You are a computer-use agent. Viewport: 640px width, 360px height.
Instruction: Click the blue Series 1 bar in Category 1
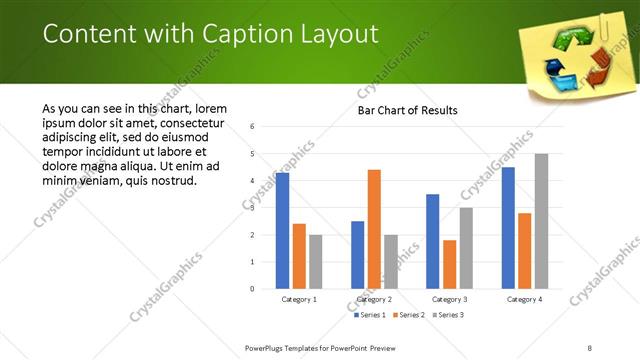pos(282,231)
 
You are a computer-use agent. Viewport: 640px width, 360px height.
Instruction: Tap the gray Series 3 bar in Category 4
pos(541,221)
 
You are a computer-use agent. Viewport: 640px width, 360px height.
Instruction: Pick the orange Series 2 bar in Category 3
pos(449,264)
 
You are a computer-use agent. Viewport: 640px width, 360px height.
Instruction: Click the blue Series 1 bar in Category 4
pos(508,228)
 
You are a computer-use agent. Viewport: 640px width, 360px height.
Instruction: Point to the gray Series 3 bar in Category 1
pos(316,262)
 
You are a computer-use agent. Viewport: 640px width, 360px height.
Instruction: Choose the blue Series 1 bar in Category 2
pos(358,255)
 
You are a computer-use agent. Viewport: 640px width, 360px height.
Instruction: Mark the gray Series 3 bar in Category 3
pos(466,248)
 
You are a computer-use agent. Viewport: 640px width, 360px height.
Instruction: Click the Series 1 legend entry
pos(369,315)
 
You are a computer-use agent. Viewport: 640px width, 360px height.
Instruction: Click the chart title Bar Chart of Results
pos(407,110)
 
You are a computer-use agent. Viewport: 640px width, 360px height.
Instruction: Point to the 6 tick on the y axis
pos(253,127)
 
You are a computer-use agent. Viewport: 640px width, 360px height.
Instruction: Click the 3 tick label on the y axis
pos(253,208)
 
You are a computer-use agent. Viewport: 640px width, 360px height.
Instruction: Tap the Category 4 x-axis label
pos(524,299)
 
